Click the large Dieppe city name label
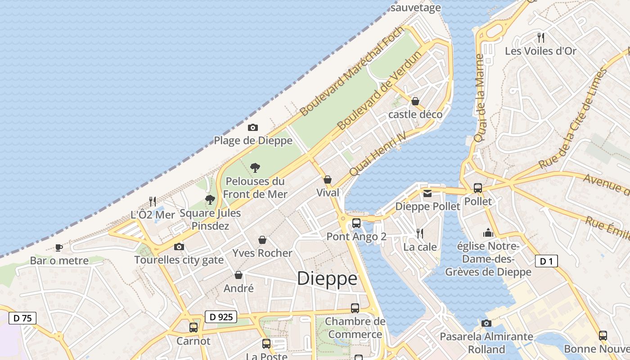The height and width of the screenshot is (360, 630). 327,279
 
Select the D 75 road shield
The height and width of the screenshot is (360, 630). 22,318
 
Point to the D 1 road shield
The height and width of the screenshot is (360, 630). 546,261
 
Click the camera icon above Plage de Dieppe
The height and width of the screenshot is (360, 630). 253,128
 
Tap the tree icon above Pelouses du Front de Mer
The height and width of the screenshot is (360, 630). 255,168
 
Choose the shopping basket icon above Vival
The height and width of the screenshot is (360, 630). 328,180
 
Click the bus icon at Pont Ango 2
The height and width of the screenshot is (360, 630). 356,223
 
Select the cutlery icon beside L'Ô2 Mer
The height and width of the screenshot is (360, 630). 153,201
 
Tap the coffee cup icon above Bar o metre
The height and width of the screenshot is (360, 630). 58,247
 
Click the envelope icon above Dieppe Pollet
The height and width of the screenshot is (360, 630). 427,193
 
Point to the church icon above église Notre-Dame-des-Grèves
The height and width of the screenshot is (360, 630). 488,233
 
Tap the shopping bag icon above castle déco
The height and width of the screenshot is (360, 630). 415,101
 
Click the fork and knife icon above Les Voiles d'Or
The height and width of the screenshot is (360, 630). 541,37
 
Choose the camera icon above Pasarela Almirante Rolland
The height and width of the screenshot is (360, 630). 486,323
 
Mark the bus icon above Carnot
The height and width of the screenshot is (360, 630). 193,327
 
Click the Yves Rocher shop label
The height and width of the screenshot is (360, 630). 262,253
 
